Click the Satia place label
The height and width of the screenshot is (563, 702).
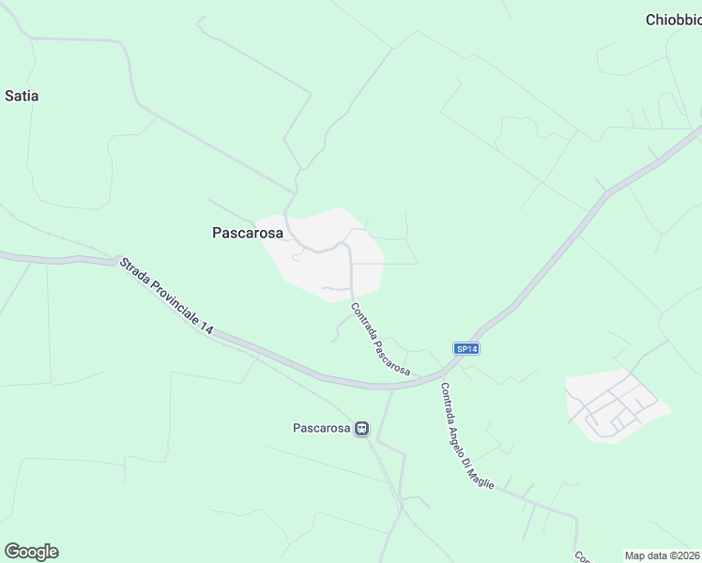tap(22, 96)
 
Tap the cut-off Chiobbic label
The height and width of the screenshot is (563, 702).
tap(673, 20)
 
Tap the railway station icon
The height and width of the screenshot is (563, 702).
tap(360, 428)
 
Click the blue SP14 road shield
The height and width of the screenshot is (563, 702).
tap(466, 348)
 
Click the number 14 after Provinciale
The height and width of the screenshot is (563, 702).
tap(206, 328)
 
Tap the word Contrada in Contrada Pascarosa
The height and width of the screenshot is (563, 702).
tap(363, 321)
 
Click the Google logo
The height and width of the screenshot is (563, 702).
tap(31, 552)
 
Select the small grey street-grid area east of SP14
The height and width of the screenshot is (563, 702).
tap(615, 404)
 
